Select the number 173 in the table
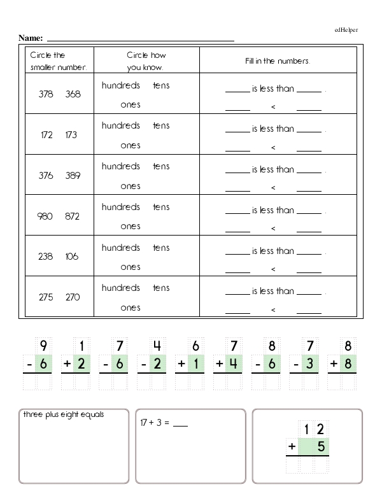click(x=73, y=134)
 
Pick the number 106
click(x=73, y=257)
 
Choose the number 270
click(x=73, y=297)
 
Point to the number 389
click(x=73, y=175)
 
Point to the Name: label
click(x=31, y=38)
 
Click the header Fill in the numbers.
click(x=278, y=61)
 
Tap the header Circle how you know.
click(x=146, y=61)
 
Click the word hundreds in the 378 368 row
click(x=121, y=85)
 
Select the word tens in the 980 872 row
click(x=161, y=207)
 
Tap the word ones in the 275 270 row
click(x=131, y=307)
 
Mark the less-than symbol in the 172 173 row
click(x=273, y=148)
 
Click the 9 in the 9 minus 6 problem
click(x=43, y=346)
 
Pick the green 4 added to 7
click(x=234, y=365)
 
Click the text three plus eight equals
click(x=64, y=415)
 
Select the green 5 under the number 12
click(x=321, y=447)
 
